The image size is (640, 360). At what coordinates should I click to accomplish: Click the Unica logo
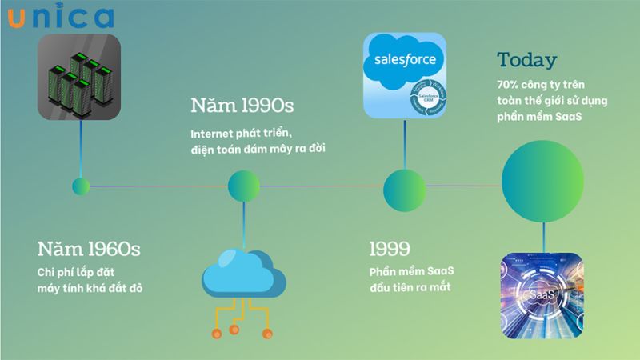[x=61, y=18]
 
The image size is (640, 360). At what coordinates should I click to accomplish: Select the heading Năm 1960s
[x=89, y=249]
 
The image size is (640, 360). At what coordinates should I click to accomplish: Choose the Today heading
[x=527, y=60]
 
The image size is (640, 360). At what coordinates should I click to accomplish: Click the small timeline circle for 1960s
[x=81, y=186]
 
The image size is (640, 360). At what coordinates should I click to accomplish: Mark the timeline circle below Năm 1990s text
[x=244, y=186]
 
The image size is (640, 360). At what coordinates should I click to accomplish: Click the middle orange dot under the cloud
[x=234, y=329]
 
